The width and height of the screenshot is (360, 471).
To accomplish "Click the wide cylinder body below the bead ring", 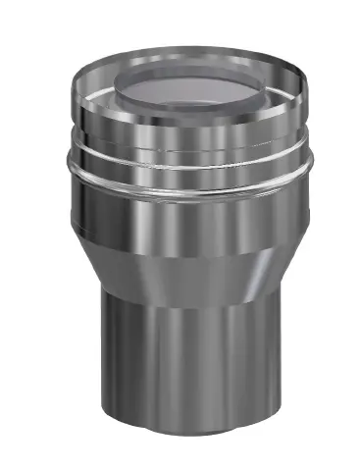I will pos(186,221).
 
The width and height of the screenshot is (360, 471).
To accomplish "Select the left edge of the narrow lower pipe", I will pos(102,373).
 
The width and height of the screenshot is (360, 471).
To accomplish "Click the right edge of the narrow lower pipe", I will pos(272,373).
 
